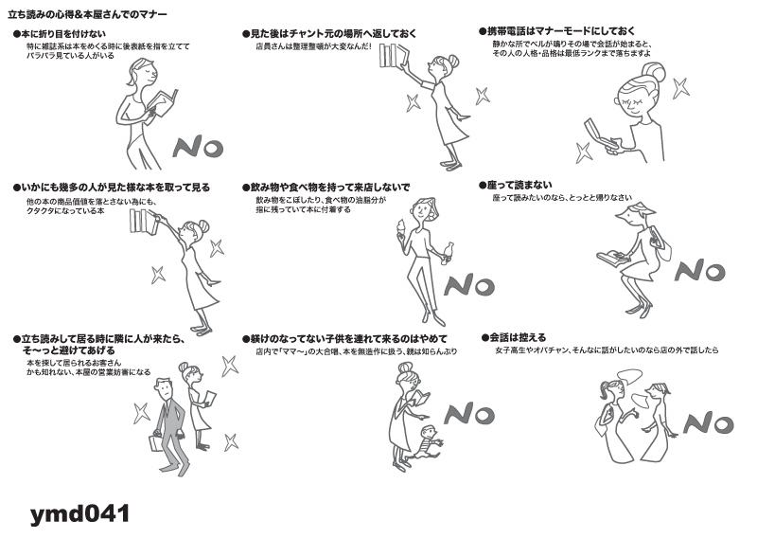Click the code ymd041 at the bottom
(x=80, y=513)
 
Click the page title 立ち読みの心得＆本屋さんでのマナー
(x=87, y=14)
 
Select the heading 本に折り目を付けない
(x=60, y=34)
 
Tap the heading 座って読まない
(x=516, y=185)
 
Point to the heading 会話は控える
(x=514, y=337)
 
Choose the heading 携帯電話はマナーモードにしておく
(x=557, y=31)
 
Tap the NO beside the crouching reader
(x=700, y=270)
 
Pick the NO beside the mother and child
(x=469, y=414)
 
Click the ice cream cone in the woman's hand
(x=401, y=228)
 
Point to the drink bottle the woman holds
(x=448, y=253)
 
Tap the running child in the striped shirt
(x=424, y=443)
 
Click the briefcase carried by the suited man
(x=157, y=442)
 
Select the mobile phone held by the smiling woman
(x=600, y=134)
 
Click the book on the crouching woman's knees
(x=613, y=257)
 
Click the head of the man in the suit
(x=164, y=387)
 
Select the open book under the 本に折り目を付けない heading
(x=163, y=102)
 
